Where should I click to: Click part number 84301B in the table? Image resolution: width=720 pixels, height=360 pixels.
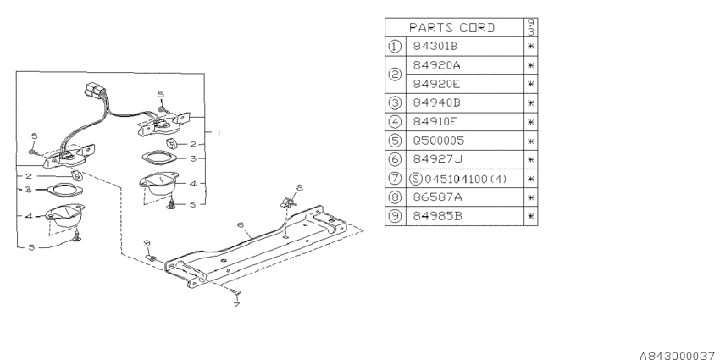point(435,46)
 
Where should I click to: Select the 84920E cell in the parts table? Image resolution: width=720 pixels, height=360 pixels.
point(436,84)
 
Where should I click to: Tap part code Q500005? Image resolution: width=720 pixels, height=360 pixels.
point(439,141)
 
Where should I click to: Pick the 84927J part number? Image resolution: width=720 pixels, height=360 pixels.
point(437,159)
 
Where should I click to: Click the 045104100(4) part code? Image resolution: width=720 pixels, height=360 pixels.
point(466,179)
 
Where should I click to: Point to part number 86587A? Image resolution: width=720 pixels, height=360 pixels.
point(436,197)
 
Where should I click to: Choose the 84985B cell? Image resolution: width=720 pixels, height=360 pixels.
point(437,216)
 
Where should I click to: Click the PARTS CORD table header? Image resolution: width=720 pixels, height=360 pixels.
point(451,28)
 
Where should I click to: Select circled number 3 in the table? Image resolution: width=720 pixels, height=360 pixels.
point(395,102)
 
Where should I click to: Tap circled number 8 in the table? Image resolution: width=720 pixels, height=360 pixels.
point(395,197)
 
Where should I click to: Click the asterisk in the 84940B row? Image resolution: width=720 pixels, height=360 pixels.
point(531,102)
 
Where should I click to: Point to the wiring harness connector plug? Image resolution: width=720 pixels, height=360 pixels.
point(94,90)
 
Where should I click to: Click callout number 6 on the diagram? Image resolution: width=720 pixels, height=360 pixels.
point(240,225)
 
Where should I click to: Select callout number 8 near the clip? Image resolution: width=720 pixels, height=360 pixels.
point(299,187)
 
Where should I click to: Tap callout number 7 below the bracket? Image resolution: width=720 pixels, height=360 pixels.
point(236,304)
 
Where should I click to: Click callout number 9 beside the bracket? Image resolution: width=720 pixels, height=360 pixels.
point(147,243)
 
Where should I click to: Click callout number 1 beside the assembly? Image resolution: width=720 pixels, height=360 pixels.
point(219,132)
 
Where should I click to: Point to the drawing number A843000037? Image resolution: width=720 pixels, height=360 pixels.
point(677,356)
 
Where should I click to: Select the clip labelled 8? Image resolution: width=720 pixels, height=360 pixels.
point(287,202)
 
